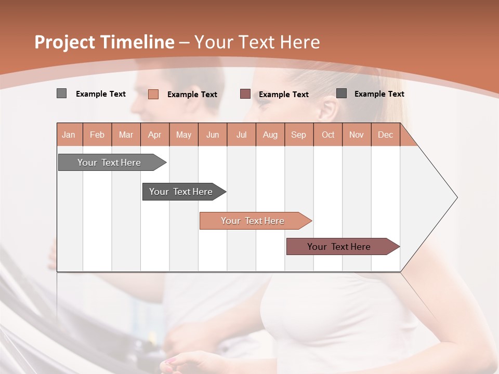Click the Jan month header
point(69,135)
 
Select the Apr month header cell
point(155,135)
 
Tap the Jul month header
point(241,135)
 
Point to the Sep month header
point(298,135)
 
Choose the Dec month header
point(385,135)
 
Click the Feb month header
point(97,135)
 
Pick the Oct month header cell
point(328,135)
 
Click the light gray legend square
point(62,94)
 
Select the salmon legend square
point(153,94)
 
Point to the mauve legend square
point(245,94)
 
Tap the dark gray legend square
point(342,94)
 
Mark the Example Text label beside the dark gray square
point(379,94)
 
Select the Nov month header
point(357,135)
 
